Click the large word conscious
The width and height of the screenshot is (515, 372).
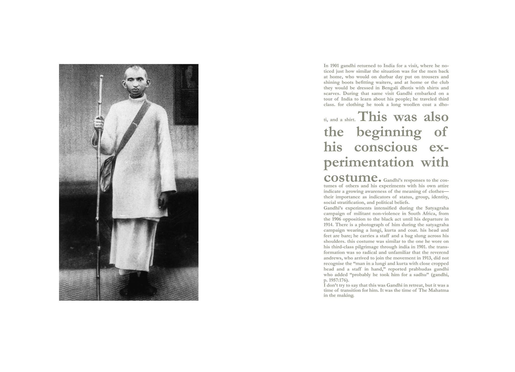(x=386, y=147)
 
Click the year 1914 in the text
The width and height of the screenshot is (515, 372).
(x=328, y=225)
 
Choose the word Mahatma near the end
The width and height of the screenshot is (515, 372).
(x=438, y=291)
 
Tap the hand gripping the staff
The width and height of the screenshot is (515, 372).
(x=99, y=123)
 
